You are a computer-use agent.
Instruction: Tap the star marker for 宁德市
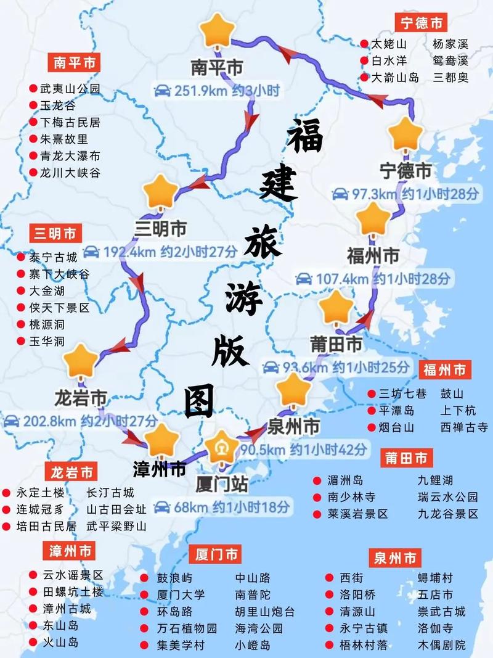[406, 134]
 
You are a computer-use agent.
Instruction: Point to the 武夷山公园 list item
[70, 89]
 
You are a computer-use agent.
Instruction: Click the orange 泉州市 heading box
[395, 559]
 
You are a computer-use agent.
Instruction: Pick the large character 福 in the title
[305, 137]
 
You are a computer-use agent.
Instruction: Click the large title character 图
[200, 401]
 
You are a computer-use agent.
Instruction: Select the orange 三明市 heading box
[55, 234]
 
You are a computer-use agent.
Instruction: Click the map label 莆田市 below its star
[336, 343]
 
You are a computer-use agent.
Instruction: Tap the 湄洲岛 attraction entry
[345, 480]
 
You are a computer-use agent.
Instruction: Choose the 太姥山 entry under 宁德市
[389, 44]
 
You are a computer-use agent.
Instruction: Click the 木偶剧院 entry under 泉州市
[442, 646]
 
